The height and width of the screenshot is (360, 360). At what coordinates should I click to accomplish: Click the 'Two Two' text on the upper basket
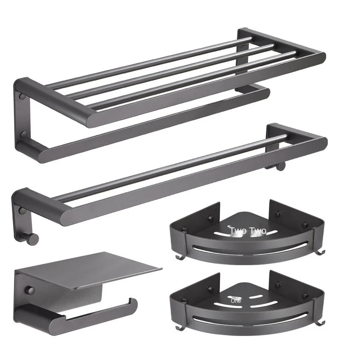tap(248, 231)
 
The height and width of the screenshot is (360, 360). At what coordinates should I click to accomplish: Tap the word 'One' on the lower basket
tap(236, 301)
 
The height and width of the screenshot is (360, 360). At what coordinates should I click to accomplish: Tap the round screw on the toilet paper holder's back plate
tap(30, 291)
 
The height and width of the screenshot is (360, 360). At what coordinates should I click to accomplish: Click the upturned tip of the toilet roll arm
tap(134, 302)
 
